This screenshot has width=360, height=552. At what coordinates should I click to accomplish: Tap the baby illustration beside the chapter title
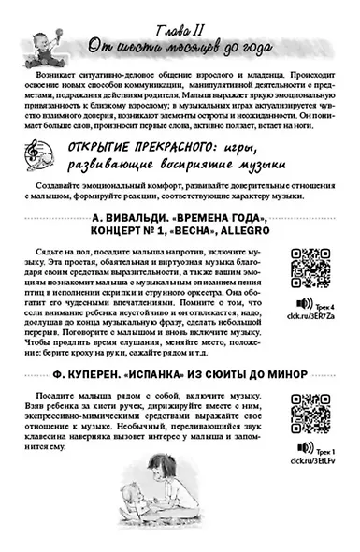[47, 33]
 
